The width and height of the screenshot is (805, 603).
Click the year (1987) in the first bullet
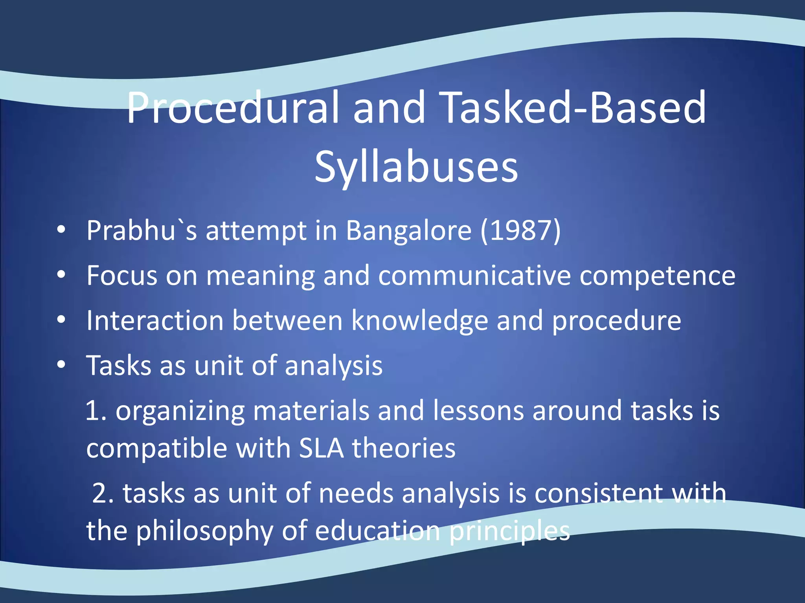(x=520, y=230)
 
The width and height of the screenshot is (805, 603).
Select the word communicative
(x=474, y=276)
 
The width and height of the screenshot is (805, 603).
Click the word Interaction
(x=155, y=321)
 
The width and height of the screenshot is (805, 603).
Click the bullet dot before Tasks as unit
(x=61, y=365)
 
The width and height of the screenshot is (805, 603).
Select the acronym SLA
(x=321, y=448)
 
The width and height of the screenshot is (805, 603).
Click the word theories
(x=404, y=448)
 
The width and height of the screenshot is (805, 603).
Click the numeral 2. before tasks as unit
(x=103, y=493)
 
